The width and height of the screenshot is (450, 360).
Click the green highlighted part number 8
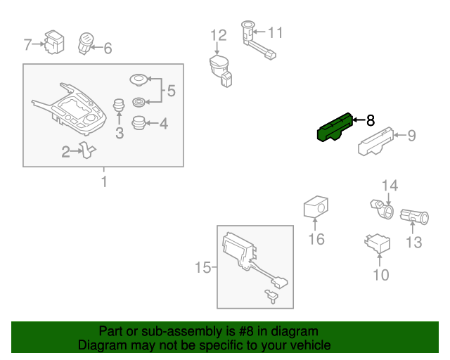tap(335, 128)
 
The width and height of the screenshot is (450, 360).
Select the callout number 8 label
tap(371, 120)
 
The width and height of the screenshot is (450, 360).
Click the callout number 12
tap(219, 36)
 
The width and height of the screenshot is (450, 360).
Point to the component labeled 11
tap(257, 40)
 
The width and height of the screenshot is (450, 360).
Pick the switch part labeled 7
tap(54, 42)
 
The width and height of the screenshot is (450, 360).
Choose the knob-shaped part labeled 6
tap(86, 44)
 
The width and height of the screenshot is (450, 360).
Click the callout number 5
tap(171, 91)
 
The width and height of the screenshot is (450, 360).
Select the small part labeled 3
tap(119, 105)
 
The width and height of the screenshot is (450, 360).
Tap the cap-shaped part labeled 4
tap(139, 123)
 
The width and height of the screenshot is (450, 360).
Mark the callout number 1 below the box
tap(104, 181)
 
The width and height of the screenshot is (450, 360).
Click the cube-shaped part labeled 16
tap(316, 207)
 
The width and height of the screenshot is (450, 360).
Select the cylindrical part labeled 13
tap(414, 217)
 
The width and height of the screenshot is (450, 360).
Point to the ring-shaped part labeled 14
tap(382, 209)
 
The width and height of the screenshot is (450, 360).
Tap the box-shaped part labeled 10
tap(377, 243)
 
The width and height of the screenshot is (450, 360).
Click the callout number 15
tap(203, 268)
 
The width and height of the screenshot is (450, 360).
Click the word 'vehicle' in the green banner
tap(311, 345)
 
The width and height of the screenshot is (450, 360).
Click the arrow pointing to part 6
tap(96, 47)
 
